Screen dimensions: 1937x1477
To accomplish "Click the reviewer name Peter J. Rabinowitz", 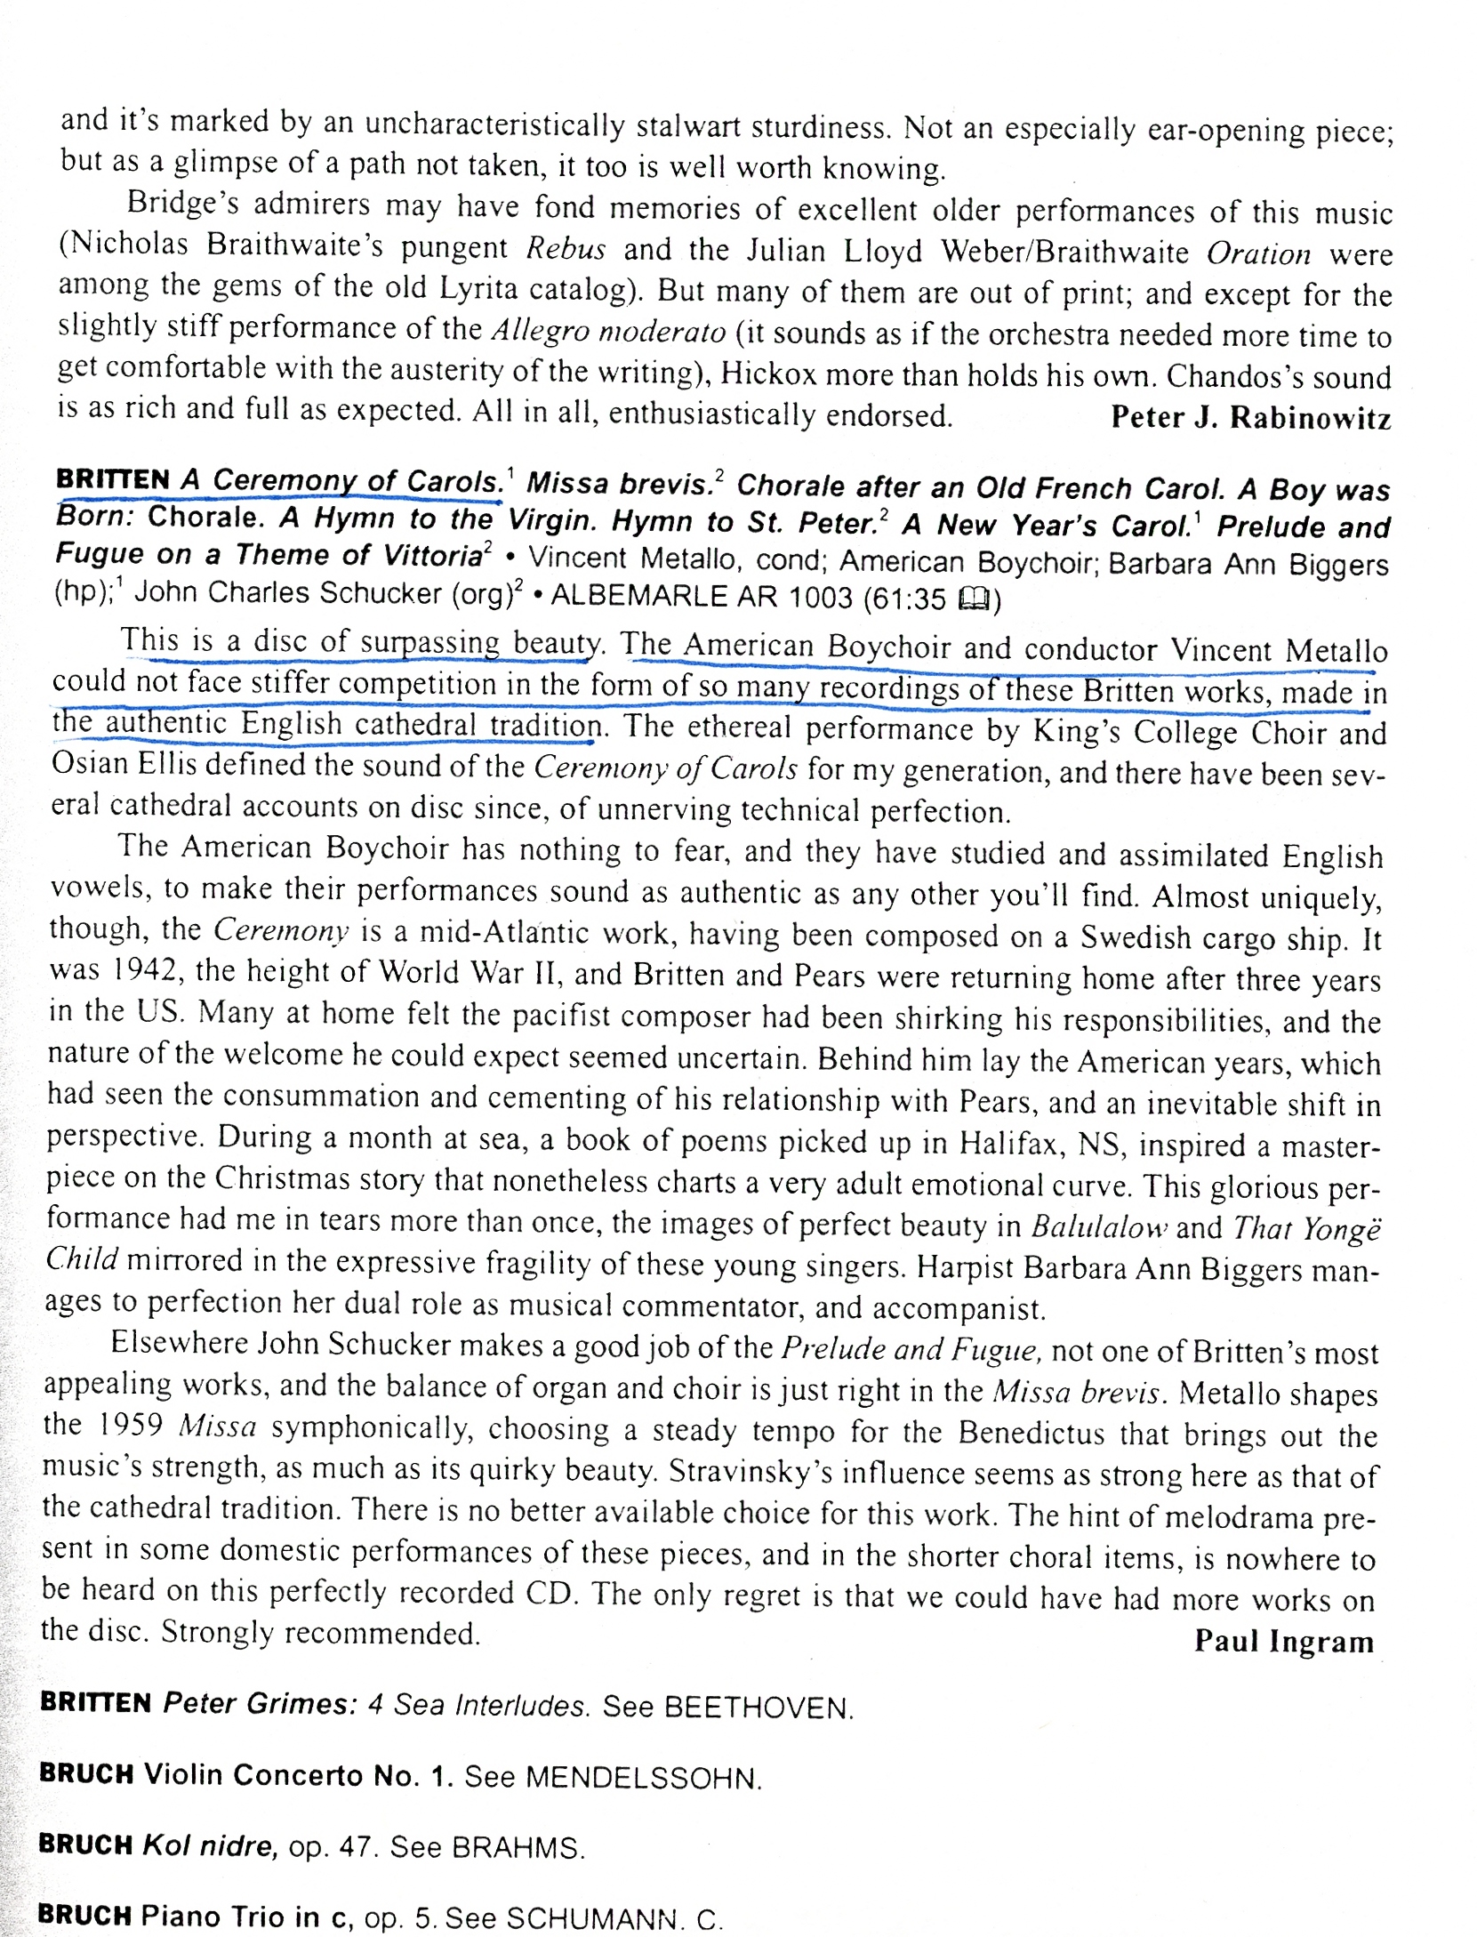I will (1250, 417).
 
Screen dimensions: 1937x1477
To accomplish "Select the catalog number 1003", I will (821, 598).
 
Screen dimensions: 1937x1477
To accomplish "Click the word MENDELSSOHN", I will (642, 1779).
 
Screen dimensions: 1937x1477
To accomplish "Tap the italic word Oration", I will (1258, 254).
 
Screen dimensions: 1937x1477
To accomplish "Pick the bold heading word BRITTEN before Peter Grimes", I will (96, 1703).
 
